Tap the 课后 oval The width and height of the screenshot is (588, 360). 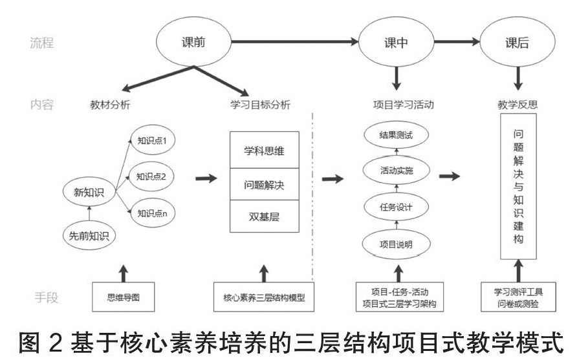516,43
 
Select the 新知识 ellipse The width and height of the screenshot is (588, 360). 89,191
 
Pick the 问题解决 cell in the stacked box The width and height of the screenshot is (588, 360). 263,185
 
